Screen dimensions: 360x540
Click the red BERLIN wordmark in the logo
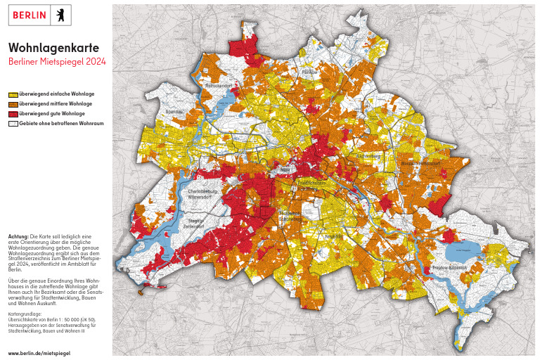pyautogui.click(x=30, y=15)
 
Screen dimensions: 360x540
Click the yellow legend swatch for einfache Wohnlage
pyautogui.click(x=13, y=94)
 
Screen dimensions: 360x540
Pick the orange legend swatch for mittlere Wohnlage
pyautogui.click(x=13, y=104)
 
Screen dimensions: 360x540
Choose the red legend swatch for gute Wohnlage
pyautogui.click(x=13, y=114)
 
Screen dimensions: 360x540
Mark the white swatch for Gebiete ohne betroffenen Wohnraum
pyautogui.click(x=13, y=124)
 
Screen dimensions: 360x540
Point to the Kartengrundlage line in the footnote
pyautogui.click(x=25, y=314)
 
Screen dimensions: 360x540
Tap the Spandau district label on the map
pyautogui.click(x=173, y=111)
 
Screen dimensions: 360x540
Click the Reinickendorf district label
pyautogui.click(x=218, y=86)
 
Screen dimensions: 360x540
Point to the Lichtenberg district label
pyautogui.click(x=370, y=156)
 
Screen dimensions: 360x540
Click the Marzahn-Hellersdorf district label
pyautogui.click(x=420, y=164)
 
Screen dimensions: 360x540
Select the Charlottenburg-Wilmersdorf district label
pyautogui.click(x=204, y=195)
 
